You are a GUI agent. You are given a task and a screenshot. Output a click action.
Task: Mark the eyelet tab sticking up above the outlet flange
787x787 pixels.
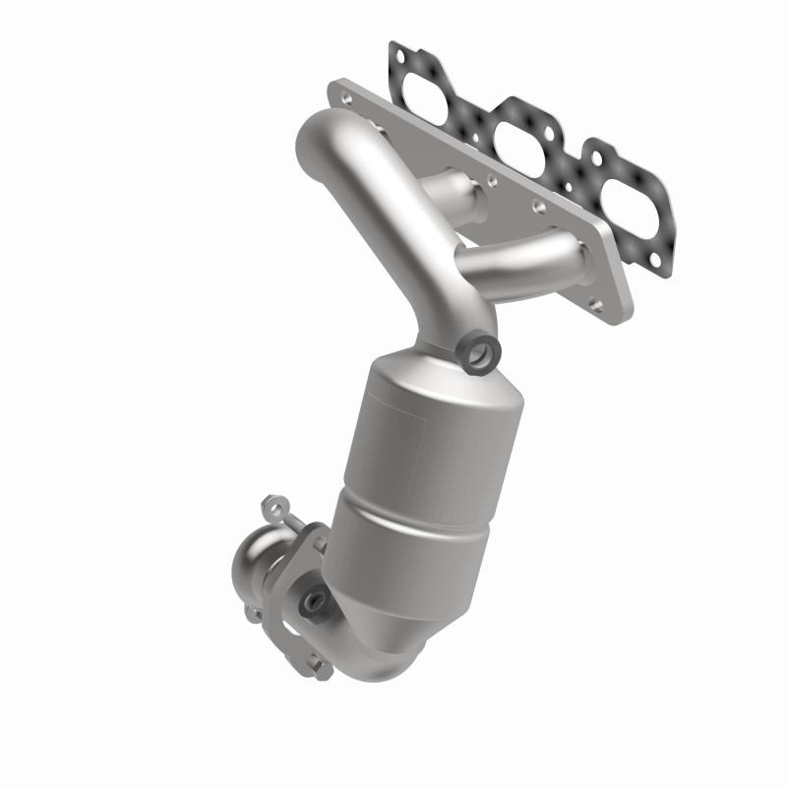271,509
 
